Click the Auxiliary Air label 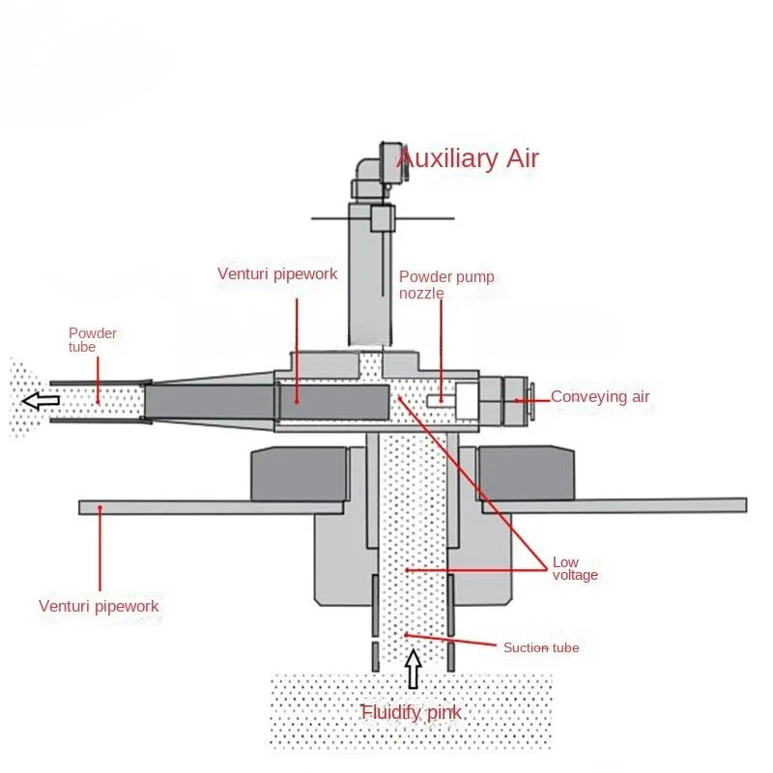click(x=468, y=158)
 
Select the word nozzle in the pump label click(x=421, y=293)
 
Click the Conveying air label click(x=600, y=396)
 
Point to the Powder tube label click(x=92, y=340)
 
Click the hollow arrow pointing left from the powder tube click(x=41, y=399)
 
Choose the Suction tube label click(x=541, y=647)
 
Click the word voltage click(x=575, y=576)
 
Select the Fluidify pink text click(x=411, y=713)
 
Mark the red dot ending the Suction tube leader click(x=407, y=634)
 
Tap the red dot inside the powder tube click(x=98, y=400)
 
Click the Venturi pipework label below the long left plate click(x=99, y=607)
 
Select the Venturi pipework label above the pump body click(x=277, y=273)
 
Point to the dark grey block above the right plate click(x=528, y=472)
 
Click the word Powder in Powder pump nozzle click(x=421, y=277)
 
